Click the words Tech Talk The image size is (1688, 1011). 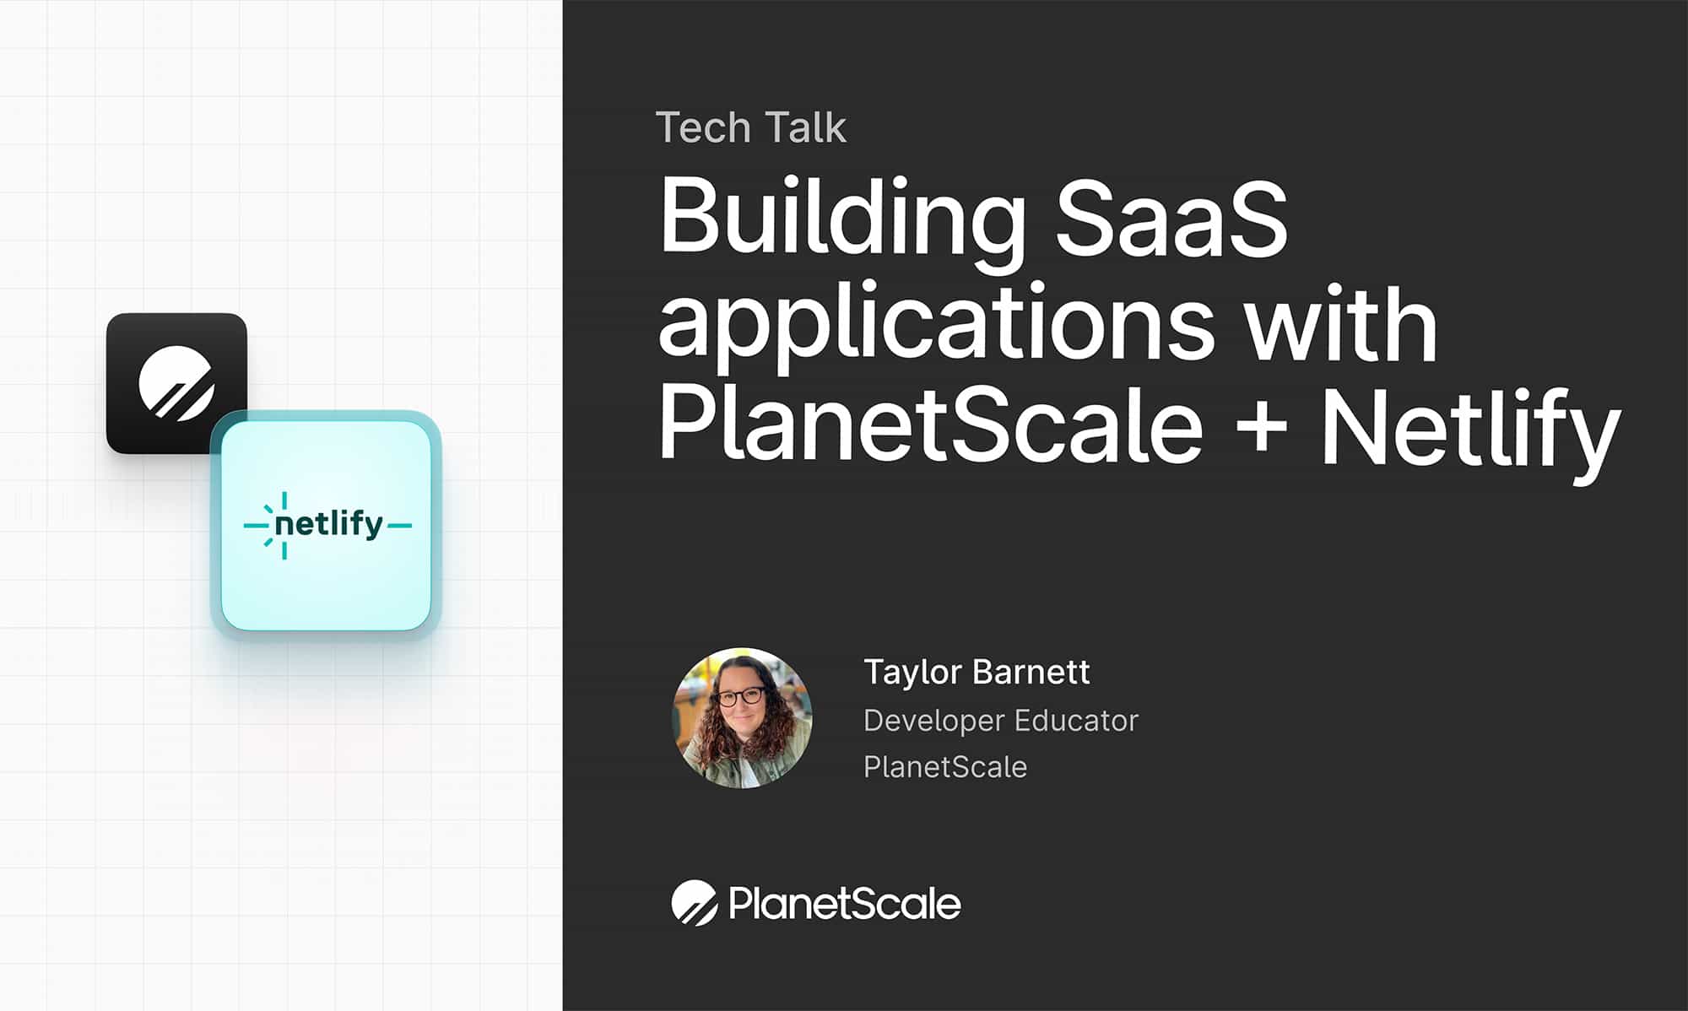click(750, 127)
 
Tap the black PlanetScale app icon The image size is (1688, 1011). click(176, 383)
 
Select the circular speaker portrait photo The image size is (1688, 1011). click(742, 718)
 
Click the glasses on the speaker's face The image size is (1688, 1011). click(739, 697)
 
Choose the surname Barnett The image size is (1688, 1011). click(1031, 672)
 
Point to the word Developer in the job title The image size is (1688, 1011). click(934, 722)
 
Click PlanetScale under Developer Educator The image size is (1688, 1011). click(945, 766)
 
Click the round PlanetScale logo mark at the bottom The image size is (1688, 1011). click(695, 903)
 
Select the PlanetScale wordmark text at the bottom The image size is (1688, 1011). click(845, 904)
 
